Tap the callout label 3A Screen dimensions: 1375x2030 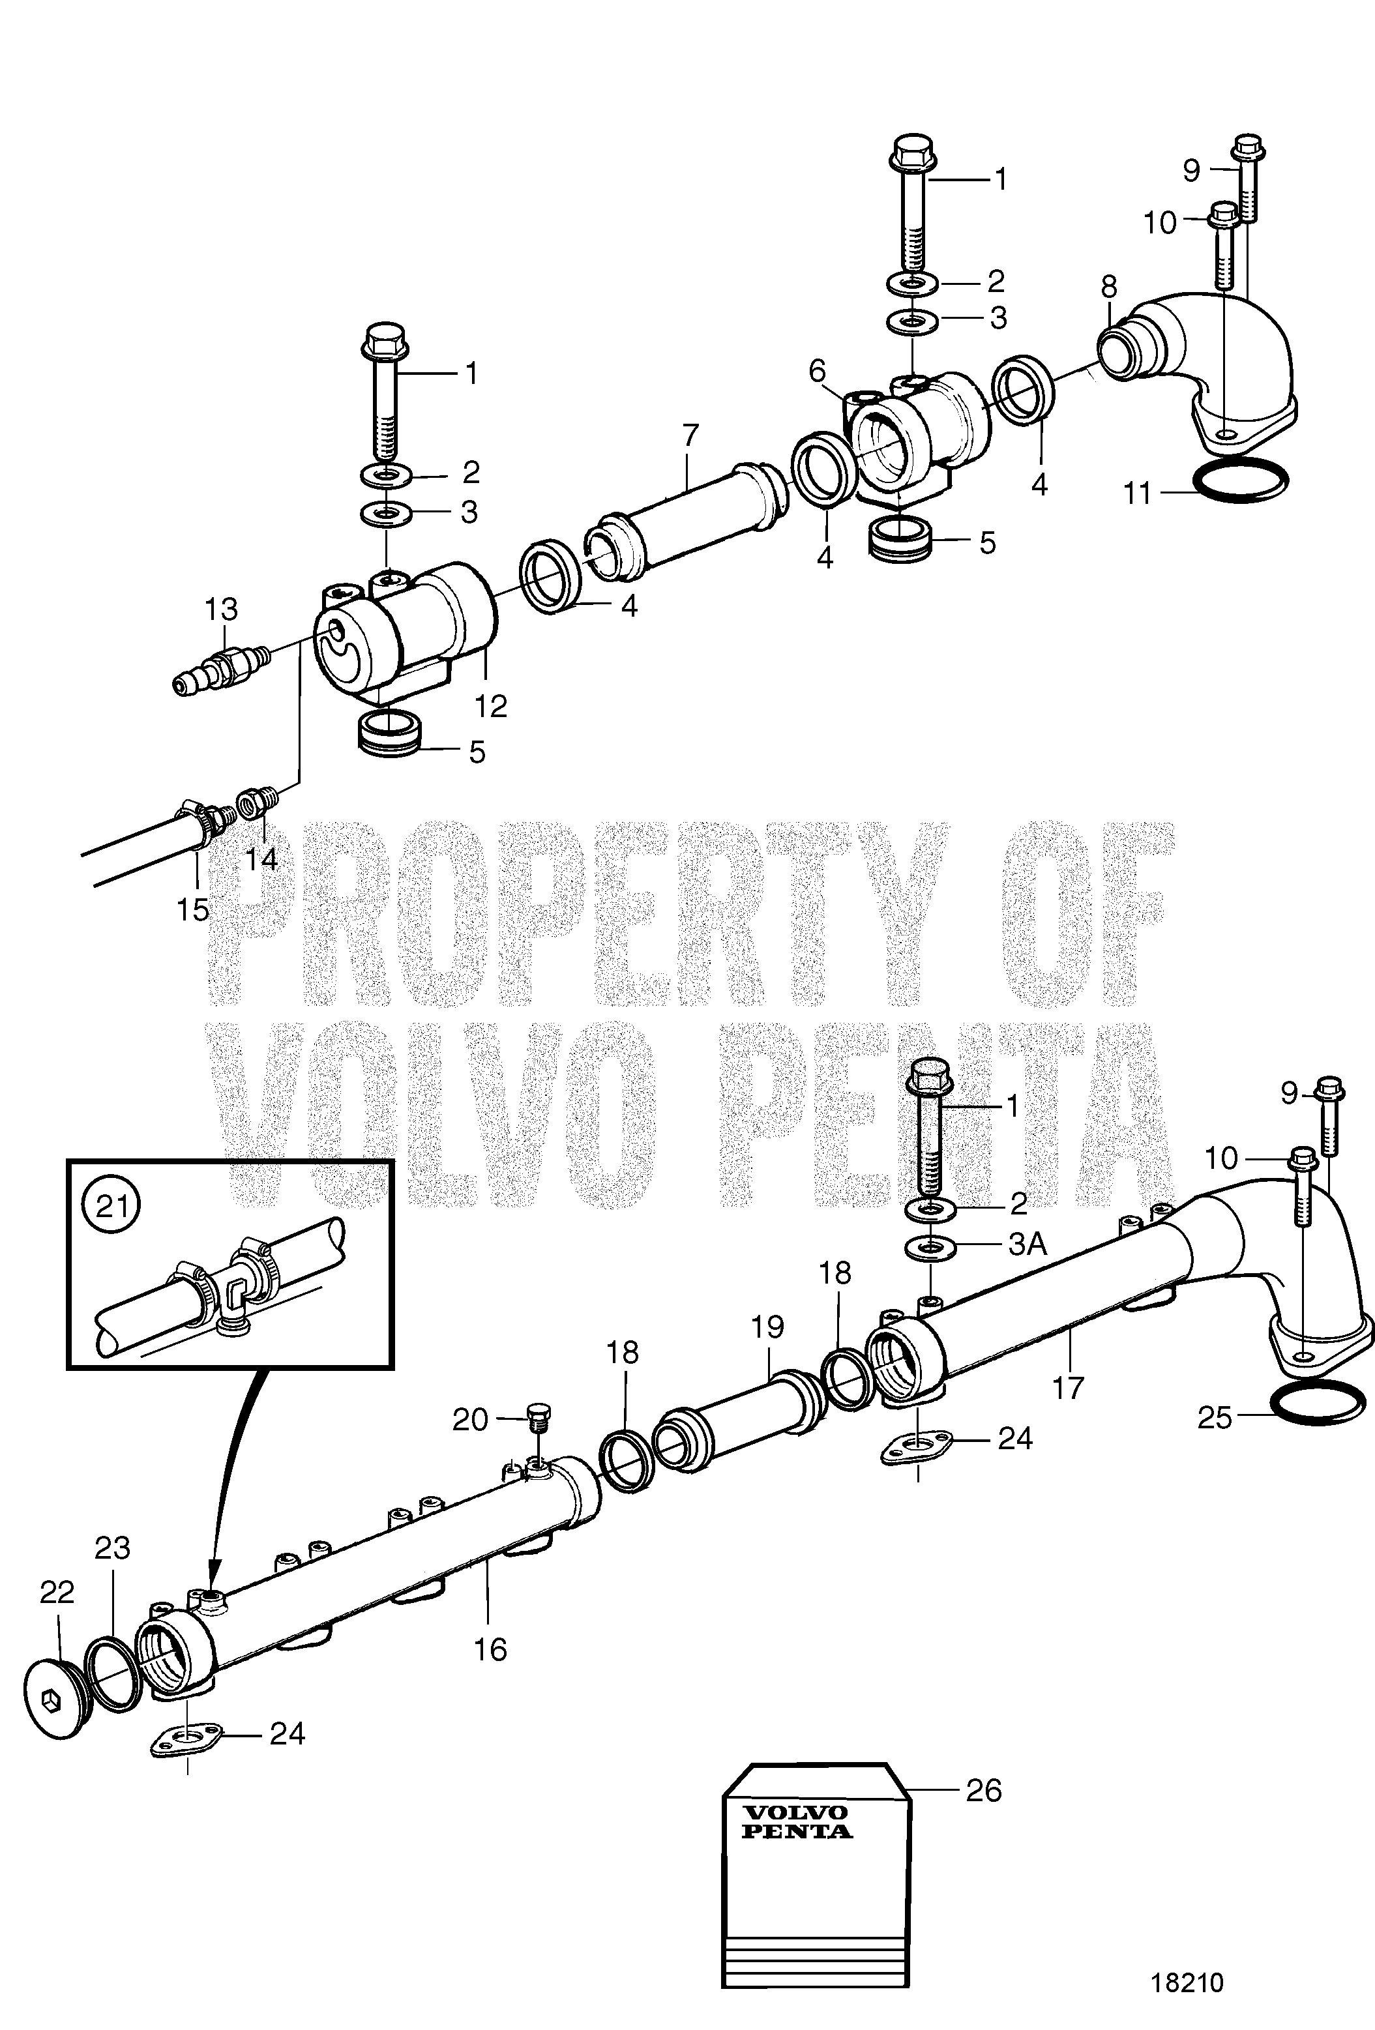point(1028,1244)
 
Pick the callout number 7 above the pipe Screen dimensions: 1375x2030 point(690,434)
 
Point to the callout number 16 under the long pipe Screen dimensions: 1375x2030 point(490,1650)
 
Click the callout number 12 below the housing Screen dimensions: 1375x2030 point(491,706)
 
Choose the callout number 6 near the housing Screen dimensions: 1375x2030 point(817,371)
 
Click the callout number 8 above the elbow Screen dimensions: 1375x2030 point(1108,286)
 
